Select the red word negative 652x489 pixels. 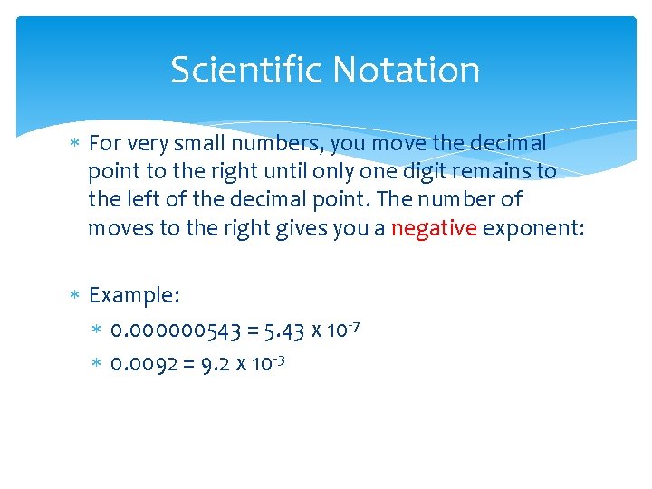[434, 228]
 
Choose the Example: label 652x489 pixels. [135, 295]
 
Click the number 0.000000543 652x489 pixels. [176, 331]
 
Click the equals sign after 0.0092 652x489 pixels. [188, 365]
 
